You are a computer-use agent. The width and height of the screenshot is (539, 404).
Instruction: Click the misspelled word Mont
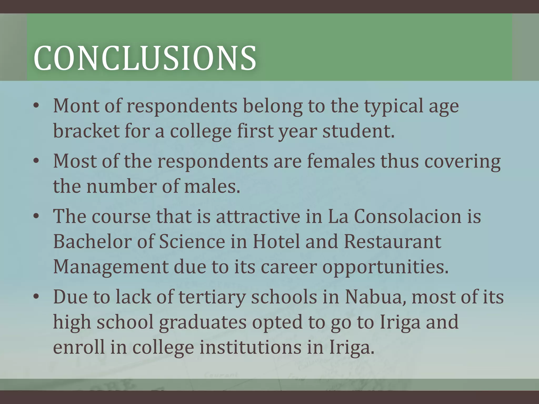[76, 106]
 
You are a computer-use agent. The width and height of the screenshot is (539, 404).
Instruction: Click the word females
[341, 161]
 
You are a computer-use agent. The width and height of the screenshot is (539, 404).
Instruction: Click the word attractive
[258, 216]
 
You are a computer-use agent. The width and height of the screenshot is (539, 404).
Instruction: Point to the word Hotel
[276, 241]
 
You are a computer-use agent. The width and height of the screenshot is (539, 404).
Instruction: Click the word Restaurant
[392, 241]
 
